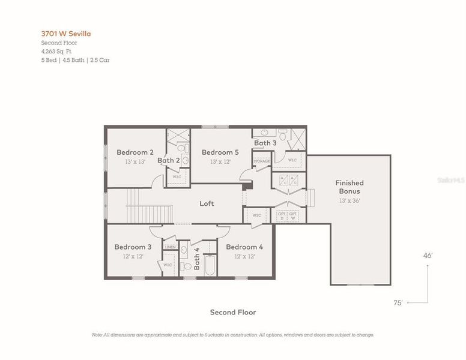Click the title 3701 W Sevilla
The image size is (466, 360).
click(x=66, y=34)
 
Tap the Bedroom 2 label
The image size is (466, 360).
click(x=135, y=152)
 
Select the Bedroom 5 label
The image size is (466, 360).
click(x=220, y=152)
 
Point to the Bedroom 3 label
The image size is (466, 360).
click(x=133, y=247)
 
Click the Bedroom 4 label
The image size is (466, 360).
click(x=244, y=247)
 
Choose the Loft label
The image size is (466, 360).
click(x=207, y=204)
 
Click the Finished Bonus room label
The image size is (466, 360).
click(x=349, y=187)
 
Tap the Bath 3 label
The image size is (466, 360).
click(x=265, y=143)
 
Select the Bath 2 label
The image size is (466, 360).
click(x=169, y=160)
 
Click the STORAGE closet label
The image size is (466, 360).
click(x=261, y=161)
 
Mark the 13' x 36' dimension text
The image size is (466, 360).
click(x=349, y=200)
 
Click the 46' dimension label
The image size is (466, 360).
click(x=428, y=256)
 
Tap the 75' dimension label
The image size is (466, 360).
click(x=398, y=303)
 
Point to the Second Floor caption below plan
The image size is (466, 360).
click(x=232, y=312)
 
